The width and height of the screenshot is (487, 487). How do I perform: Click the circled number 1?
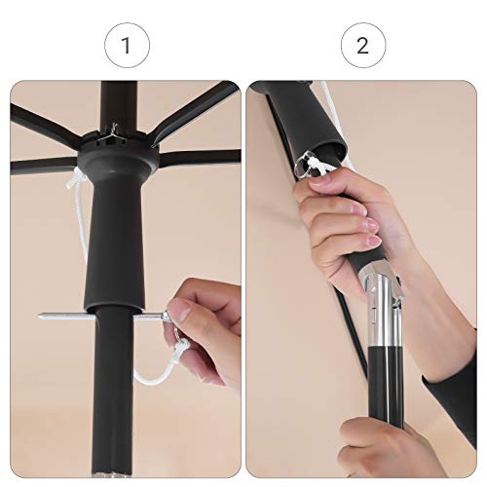pyautogui.click(x=127, y=46)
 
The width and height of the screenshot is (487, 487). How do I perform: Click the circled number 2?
pyautogui.click(x=363, y=46)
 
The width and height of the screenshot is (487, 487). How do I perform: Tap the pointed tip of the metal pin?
pyautogui.click(x=40, y=316)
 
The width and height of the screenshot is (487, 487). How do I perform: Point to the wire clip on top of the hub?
pyautogui.click(x=113, y=133)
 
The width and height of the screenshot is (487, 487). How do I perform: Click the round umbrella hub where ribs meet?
pyautogui.click(x=119, y=153)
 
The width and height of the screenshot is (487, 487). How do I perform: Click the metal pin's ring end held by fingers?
pyautogui.click(x=167, y=316)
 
